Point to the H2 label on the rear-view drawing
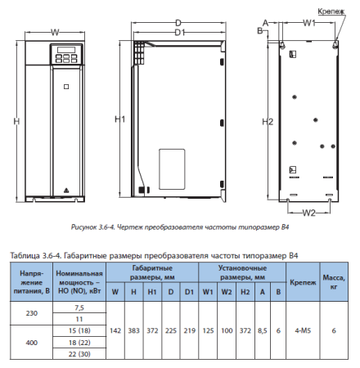click(x=266, y=122)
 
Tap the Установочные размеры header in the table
click(x=243, y=272)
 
